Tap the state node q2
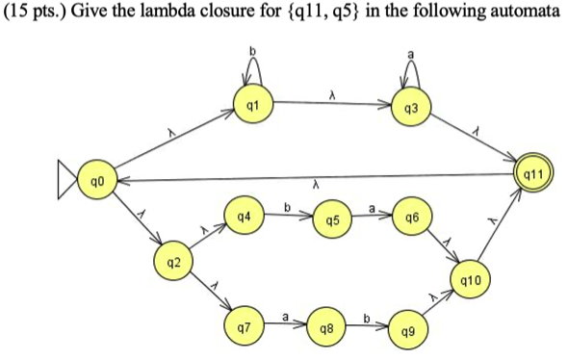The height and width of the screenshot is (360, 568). pyautogui.click(x=171, y=262)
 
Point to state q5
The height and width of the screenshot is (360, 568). pyautogui.click(x=332, y=220)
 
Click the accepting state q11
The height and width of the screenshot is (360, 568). pyautogui.click(x=534, y=173)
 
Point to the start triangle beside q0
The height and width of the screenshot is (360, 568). pyautogui.click(x=65, y=181)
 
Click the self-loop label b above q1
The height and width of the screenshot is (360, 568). pyautogui.click(x=253, y=49)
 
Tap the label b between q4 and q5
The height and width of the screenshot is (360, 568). pyautogui.click(x=287, y=206)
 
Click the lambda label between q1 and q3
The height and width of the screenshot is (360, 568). pyautogui.click(x=332, y=94)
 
